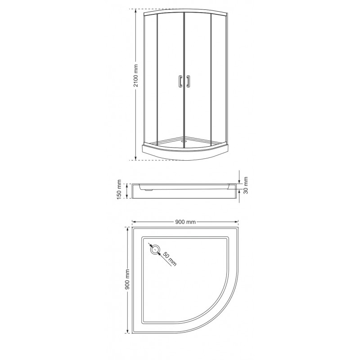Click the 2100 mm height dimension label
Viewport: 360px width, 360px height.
tap(136, 76)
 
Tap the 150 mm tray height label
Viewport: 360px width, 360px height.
tap(119, 189)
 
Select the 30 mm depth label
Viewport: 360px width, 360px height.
tap(246, 185)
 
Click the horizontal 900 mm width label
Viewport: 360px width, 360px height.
tap(185, 222)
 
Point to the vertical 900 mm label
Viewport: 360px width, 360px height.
tap(128, 279)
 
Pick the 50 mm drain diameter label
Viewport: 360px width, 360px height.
tap(170, 259)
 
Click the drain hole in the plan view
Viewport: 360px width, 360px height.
tap(155, 249)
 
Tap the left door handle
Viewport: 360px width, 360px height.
tap(180, 81)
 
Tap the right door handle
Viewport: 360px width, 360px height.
tap(188, 81)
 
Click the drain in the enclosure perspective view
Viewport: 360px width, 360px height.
tap(183, 141)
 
